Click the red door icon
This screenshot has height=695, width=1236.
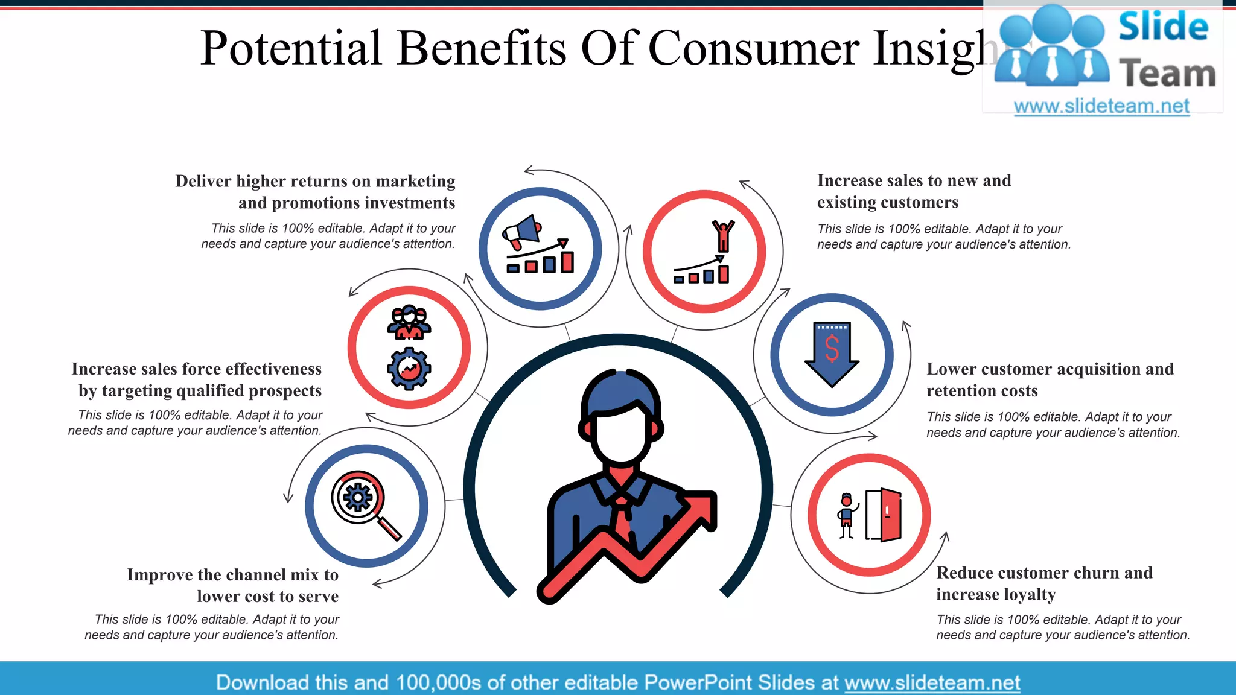pyautogui.click(x=889, y=515)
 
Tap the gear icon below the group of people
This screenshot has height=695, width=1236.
pyautogui.click(x=409, y=369)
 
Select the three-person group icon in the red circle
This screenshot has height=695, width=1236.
pyautogui.click(x=409, y=322)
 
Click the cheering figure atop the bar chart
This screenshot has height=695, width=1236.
pyautogui.click(x=723, y=235)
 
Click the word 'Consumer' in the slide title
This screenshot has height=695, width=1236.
pyautogui.click(x=754, y=48)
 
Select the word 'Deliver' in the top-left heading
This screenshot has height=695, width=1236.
pyautogui.click(x=203, y=181)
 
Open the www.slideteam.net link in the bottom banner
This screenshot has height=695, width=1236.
pyautogui.click(x=932, y=682)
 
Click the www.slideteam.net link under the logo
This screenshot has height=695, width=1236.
pyautogui.click(x=1101, y=106)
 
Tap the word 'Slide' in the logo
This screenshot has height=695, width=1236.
pyautogui.click(x=1163, y=27)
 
